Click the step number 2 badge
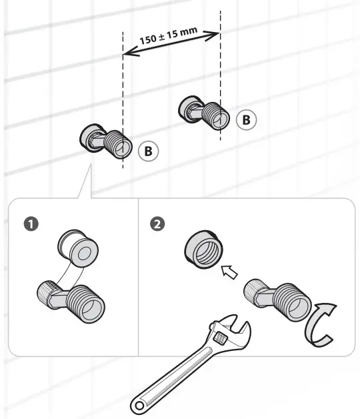pos(157,223)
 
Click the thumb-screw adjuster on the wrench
pos(221,339)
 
